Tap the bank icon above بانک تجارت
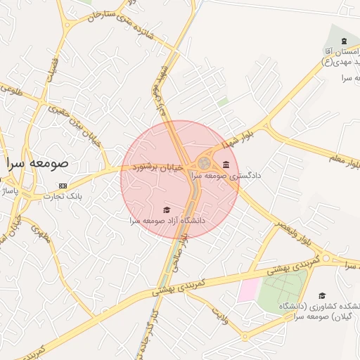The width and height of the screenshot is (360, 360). (63, 186)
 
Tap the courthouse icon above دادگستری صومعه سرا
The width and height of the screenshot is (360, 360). (225, 165)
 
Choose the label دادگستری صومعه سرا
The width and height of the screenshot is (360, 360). (226, 175)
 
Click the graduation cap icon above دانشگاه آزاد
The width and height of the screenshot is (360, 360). (167, 210)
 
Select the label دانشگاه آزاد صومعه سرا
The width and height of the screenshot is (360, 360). (167, 220)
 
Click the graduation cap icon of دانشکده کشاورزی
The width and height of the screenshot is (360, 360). (322, 296)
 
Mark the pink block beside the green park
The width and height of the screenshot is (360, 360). (247, 290)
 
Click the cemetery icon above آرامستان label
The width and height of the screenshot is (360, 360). (344, 39)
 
